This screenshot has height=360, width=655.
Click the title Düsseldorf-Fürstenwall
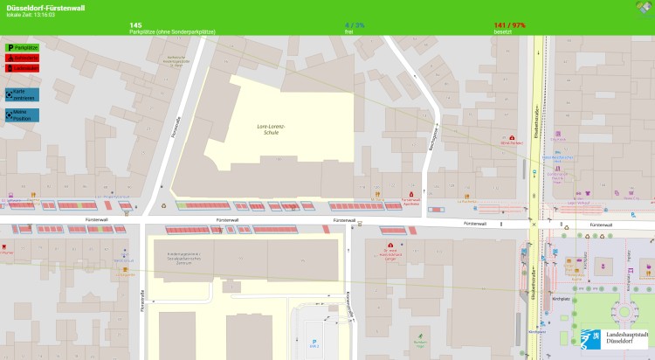[45, 8]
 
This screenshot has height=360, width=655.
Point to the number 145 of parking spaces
[135, 25]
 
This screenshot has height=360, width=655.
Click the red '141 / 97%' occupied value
[509, 25]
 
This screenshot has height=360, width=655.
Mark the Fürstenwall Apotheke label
[410, 201]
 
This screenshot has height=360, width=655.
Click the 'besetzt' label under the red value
[502, 32]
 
